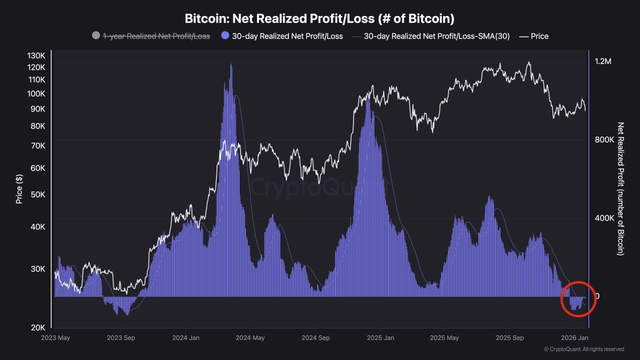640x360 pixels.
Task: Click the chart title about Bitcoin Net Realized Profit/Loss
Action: pos(319,19)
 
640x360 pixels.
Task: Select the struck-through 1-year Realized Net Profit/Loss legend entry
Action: pos(156,36)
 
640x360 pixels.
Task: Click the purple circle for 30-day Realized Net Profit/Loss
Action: pos(225,36)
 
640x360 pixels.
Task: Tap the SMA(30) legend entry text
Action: pos(436,36)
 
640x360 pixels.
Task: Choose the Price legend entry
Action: pos(539,36)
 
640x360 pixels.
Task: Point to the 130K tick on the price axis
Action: pos(36,55)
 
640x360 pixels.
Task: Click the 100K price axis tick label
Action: pos(36,94)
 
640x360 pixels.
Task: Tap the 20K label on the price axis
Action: pos(38,327)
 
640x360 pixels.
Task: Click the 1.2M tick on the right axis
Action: pos(603,61)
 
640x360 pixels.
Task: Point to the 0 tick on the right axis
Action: pos(597,296)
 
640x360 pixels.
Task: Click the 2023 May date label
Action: pos(56,338)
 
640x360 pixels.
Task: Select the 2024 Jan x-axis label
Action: pos(185,338)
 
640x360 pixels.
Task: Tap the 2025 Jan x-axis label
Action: pos(380,338)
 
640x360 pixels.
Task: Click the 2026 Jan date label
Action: pos(575,338)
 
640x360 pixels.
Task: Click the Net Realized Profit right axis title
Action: pos(621,188)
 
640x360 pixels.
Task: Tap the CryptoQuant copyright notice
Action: pos(583,349)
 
